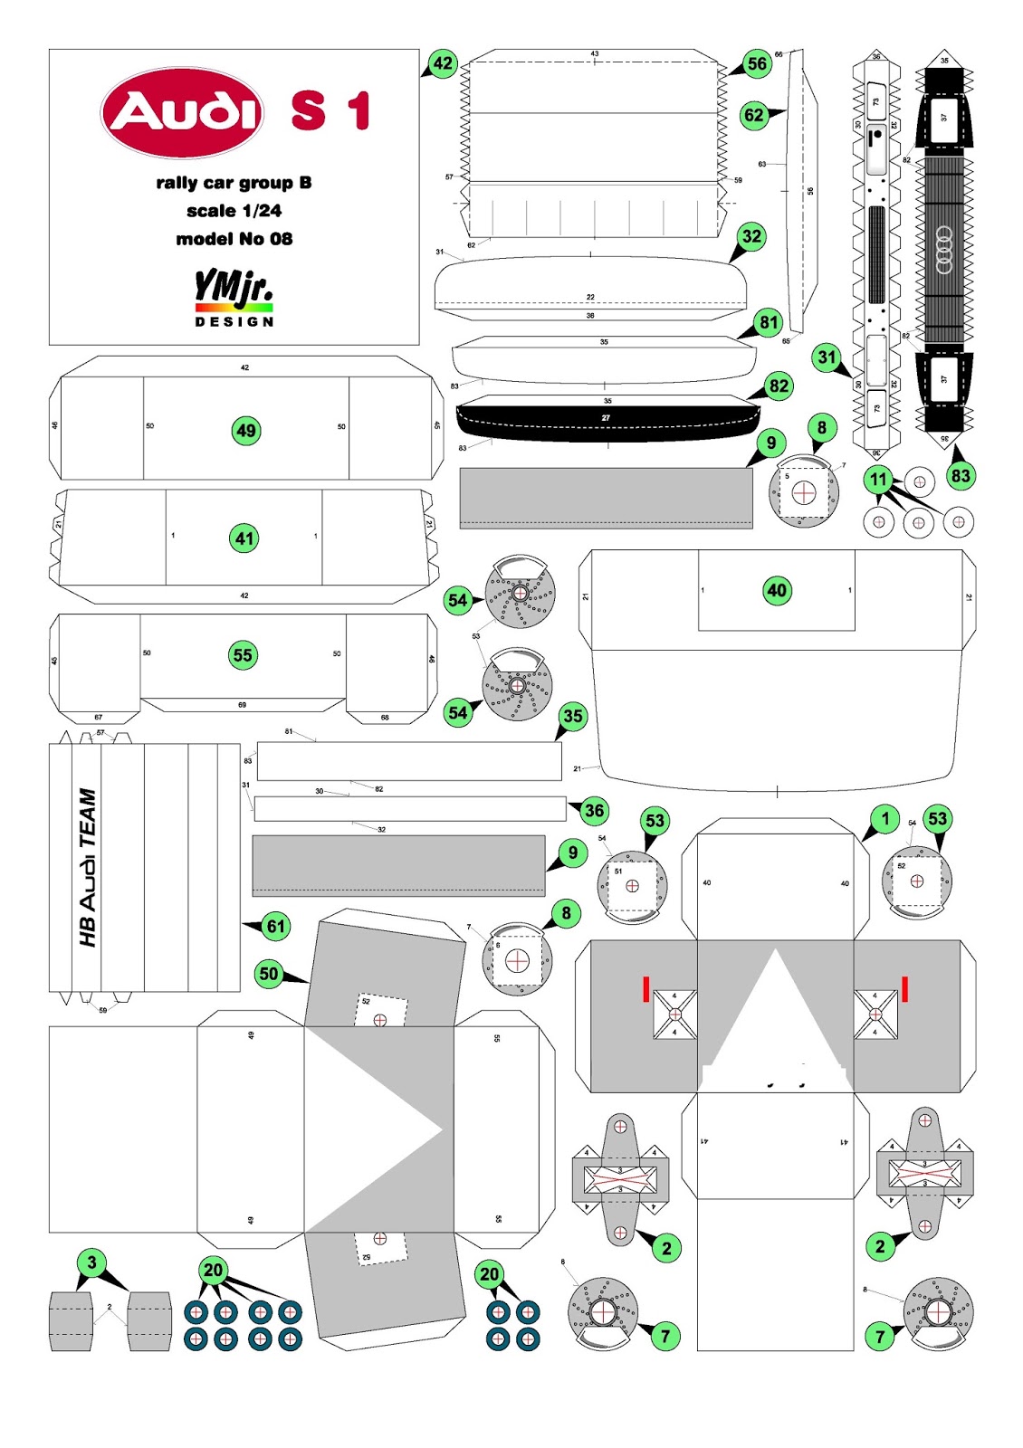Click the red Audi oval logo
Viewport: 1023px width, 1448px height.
pos(182,112)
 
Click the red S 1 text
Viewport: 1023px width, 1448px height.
pos(330,111)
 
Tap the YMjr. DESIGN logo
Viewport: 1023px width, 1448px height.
pos(234,298)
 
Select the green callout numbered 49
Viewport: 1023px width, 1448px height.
pos(246,430)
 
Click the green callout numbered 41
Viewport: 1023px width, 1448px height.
pos(244,539)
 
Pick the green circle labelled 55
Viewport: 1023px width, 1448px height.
pos(243,655)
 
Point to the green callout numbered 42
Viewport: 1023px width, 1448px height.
pos(442,63)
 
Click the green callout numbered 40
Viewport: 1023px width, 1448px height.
pos(777,591)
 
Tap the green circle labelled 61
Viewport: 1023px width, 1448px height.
pos(275,926)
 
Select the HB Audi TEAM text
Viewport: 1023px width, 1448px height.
pos(87,867)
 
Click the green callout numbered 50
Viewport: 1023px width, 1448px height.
pos(269,974)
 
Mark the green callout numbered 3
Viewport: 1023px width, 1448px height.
pos(91,1262)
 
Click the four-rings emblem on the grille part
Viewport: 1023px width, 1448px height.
pos(944,251)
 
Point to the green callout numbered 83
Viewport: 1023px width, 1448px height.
pos(961,476)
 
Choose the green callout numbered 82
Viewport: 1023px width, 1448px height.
pos(779,386)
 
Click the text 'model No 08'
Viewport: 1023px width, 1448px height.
pos(234,239)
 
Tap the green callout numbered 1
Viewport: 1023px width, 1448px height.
pos(884,820)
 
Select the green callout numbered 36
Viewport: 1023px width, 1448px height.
pos(594,811)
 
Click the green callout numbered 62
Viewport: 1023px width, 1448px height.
pos(753,115)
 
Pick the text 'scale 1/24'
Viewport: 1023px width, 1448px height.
pos(234,211)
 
